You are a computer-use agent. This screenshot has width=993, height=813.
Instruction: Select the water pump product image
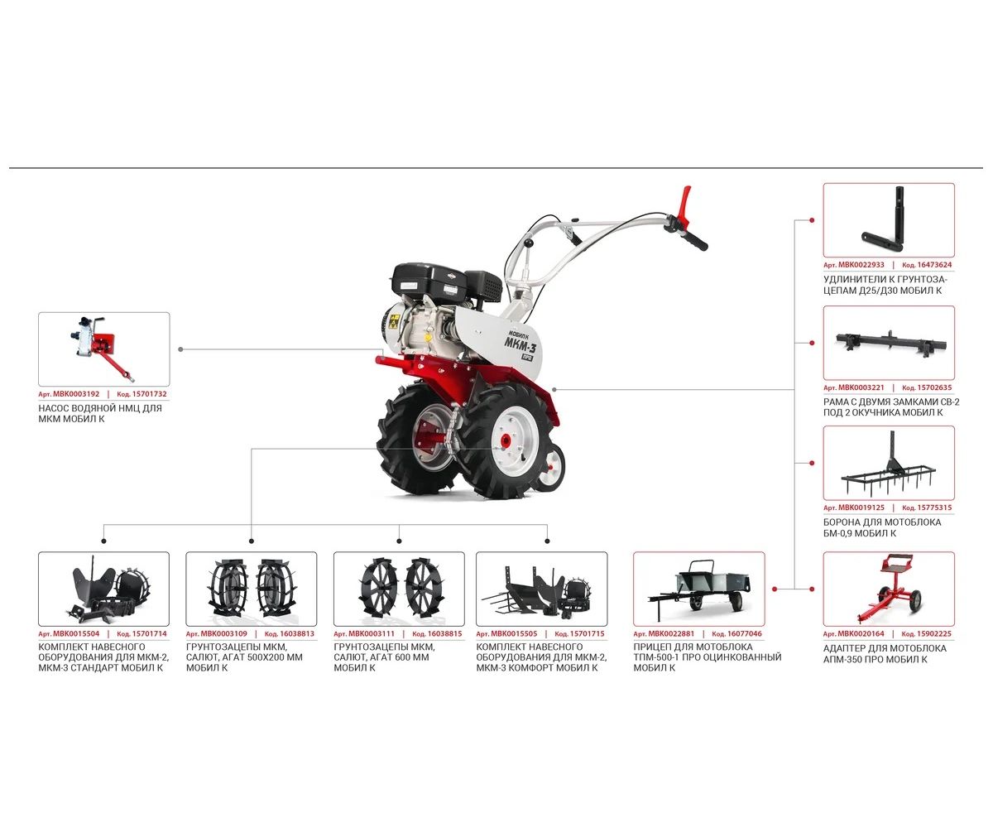(103, 349)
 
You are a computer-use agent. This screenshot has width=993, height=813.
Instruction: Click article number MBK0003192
(76, 394)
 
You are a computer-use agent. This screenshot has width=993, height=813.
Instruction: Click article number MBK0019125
(861, 508)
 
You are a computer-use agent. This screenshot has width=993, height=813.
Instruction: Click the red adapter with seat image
(888, 589)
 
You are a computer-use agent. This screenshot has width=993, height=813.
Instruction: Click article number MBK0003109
(223, 633)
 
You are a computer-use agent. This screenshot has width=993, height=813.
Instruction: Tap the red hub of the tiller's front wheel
(506, 441)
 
